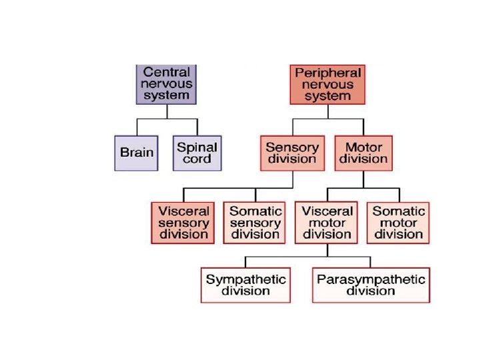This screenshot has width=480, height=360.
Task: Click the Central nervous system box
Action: point(167,84)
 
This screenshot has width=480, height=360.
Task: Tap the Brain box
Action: point(136,153)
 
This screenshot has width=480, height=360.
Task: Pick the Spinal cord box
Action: point(197,153)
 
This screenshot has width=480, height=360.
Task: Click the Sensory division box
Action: point(292,153)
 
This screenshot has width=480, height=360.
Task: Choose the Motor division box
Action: point(363,153)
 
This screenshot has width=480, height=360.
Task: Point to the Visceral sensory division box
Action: point(183,223)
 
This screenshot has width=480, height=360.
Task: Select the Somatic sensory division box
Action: point(255,223)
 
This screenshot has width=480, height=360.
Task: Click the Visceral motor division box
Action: point(327,223)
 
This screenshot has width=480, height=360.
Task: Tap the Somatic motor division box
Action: point(399,223)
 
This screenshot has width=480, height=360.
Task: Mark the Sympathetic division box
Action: point(245,285)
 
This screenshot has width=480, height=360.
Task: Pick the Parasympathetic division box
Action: point(371,285)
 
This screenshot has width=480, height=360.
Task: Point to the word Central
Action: point(167,72)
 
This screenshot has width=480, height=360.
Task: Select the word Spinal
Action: point(197,147)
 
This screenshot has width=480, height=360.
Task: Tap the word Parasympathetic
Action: point(371,279)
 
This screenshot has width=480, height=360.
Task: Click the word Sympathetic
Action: point(245,279)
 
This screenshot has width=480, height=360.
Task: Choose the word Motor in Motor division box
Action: point(363,147)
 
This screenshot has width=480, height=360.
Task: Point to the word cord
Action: point(197,159)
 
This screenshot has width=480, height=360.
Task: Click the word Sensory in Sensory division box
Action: point(292,147)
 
